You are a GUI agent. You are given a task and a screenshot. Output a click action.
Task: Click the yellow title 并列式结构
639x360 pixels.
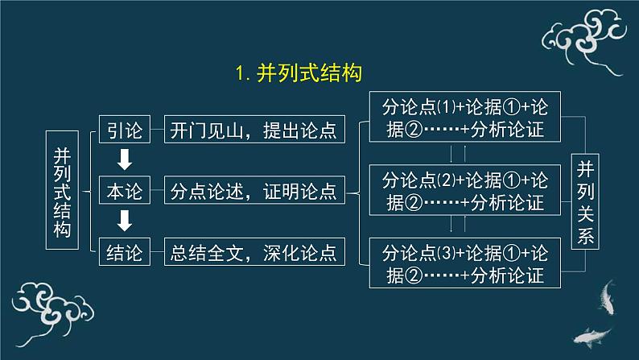tap(309, 73)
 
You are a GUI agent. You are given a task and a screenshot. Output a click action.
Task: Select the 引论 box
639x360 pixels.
tap(125, 129)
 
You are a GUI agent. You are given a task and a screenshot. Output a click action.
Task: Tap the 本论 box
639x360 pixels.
tap(125, 190)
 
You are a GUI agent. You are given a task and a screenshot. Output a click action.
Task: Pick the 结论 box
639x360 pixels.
tap(125, 251)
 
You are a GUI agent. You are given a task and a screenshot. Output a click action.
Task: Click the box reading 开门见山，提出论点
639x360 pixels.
tap(254, 129)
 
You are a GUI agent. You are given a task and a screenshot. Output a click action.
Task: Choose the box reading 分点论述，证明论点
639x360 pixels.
tap(254, 190)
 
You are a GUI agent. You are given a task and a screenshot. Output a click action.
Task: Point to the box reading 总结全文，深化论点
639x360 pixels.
tap(254, 251)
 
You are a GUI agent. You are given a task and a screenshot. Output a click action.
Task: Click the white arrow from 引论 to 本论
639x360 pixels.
tap(125, 159)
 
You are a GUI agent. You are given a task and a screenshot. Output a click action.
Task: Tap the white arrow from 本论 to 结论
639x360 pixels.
tap(125, 221)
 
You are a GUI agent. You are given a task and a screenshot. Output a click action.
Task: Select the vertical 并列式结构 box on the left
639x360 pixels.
tap(62, 190)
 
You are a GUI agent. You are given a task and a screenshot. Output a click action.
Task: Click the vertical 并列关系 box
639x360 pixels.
tap(585, 201)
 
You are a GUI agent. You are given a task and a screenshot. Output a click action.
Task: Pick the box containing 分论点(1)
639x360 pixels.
tap(465, 117)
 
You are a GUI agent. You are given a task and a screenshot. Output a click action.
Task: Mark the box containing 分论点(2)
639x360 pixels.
tap(465, 190)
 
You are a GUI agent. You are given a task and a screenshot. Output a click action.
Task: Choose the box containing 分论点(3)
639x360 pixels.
tap(465, 263)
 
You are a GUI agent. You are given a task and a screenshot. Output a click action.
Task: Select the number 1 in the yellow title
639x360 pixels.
tap(240, 74)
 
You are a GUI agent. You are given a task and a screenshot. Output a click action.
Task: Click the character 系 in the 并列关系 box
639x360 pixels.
tap(585, 236)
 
